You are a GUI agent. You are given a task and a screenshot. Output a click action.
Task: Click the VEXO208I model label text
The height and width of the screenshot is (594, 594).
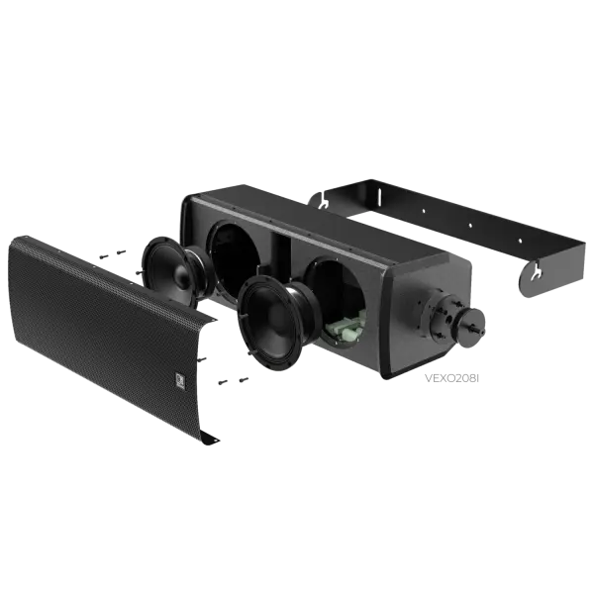click(451, 378)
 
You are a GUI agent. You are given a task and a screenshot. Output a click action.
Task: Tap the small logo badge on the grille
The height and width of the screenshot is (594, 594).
click(180, 380)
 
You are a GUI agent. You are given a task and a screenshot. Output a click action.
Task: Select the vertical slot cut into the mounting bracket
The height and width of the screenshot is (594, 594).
click(379, 197)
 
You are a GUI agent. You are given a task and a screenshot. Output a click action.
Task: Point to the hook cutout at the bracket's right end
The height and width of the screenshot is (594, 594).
click(536, 273)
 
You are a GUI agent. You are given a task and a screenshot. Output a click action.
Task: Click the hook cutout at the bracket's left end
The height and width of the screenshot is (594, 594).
click(323, 201)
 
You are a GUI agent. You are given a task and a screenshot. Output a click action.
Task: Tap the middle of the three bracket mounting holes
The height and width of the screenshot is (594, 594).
click(470, 226)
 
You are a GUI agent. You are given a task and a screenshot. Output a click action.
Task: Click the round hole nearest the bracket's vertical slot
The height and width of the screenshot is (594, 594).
click(424, 211)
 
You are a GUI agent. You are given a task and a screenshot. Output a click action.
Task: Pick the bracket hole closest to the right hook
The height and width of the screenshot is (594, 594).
click(520, 241)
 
